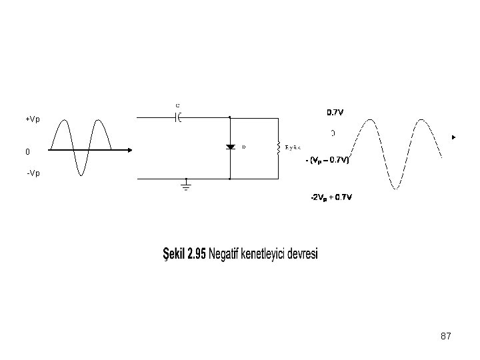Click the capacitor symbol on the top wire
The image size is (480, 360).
178,118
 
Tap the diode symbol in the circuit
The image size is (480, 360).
229,147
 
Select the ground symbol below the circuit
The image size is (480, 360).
186,185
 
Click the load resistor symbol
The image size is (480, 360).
277,147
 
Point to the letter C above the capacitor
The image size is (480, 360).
177,105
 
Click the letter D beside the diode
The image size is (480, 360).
243,147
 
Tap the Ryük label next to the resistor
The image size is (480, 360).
293,147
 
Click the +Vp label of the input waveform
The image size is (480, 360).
33,119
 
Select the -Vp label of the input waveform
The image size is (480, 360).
33,173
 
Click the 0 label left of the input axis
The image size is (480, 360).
27,152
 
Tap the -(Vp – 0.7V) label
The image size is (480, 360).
327,160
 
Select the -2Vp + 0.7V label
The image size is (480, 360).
331,197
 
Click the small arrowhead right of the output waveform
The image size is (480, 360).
453,137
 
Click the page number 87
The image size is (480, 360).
446,337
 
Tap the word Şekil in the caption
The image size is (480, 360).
174,255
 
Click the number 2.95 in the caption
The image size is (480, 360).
197,255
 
